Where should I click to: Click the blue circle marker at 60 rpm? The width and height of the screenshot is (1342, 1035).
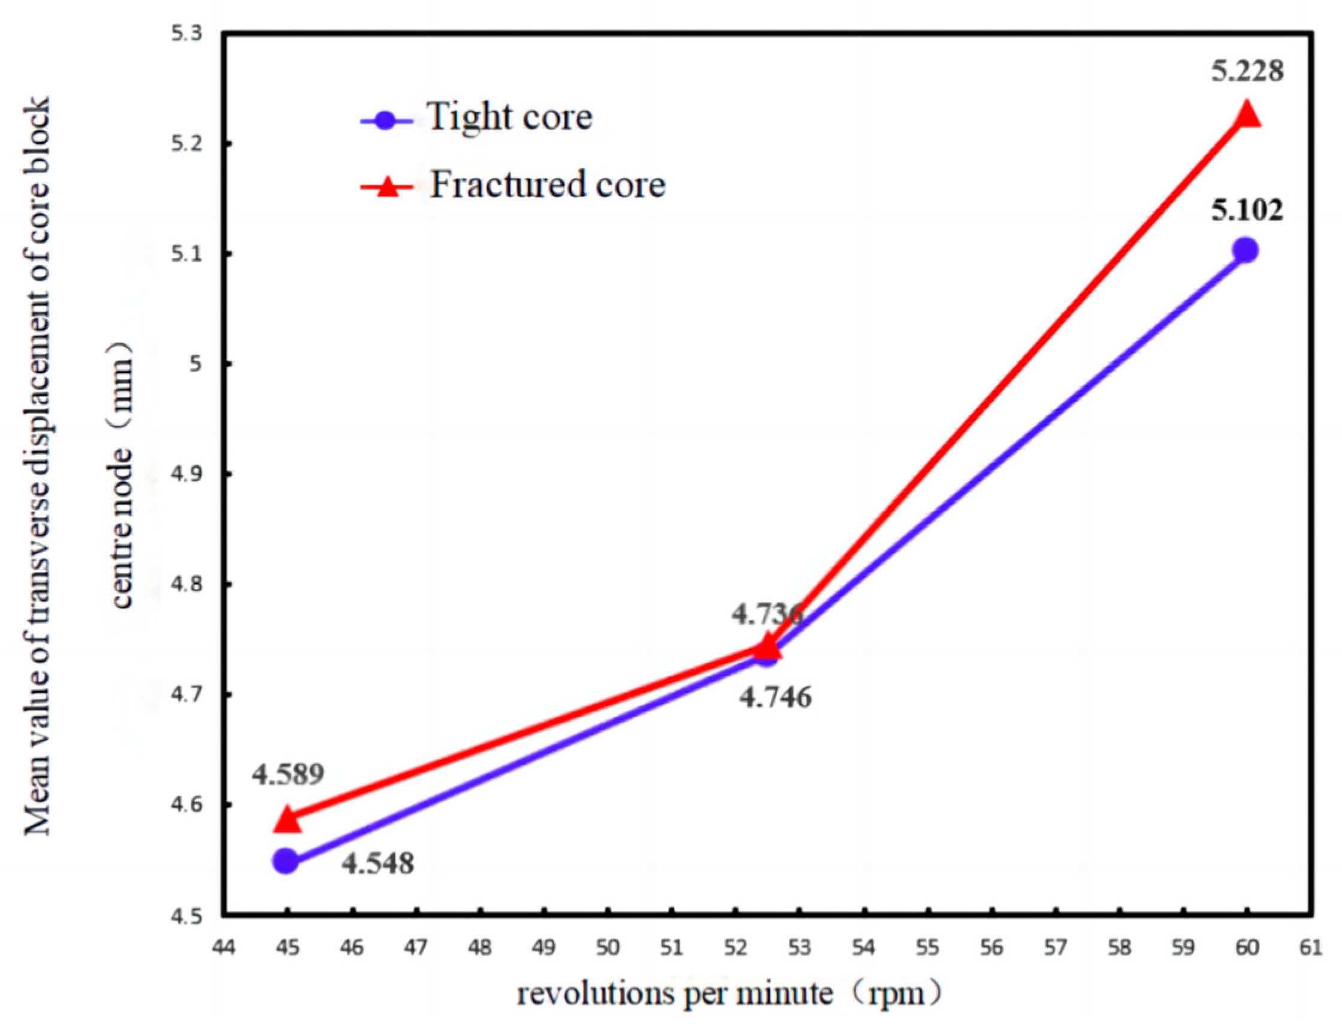pyautogui.click(x=1246, y=250)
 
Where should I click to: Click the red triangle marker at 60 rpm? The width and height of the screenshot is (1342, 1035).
pyautogui.click(x=1246, y=115)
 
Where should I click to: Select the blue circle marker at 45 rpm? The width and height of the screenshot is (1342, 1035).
pyautogui.click(x=286, y=861)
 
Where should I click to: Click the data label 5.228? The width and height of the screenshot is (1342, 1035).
pyautogui.click(x=1247, y=72)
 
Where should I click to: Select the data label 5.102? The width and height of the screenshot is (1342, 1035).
pyautogui.click(x=1247, y=211)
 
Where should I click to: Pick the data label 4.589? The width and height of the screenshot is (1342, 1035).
pyautogui.click(x=288, y=775)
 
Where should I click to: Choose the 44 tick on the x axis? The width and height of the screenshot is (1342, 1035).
pyautogui.click(x=223, y=948)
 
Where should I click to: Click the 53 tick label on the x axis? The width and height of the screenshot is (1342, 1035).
pyautogui.click(x=799, y=948)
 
